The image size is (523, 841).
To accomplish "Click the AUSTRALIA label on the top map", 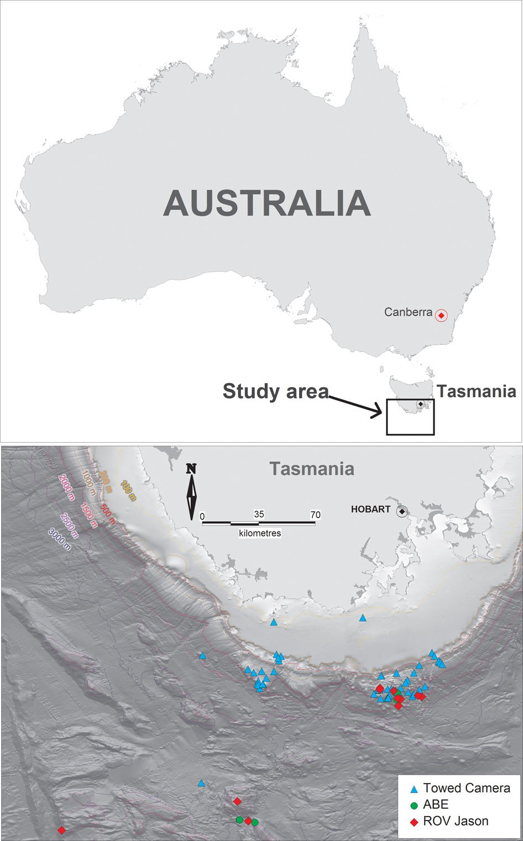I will click(267, 203).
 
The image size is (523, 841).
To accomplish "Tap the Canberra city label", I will click(408, 312).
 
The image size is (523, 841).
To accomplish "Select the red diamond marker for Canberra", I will click(441, 316).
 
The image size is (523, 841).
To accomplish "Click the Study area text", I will click(275, 391).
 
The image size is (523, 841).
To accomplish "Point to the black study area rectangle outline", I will click(410, 434).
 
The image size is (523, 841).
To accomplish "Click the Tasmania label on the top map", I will click(477, 391).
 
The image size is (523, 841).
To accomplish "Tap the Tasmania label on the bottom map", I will click(312, 469).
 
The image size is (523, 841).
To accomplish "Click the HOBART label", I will click(370, 509).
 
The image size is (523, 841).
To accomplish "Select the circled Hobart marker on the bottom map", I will click(402, 512).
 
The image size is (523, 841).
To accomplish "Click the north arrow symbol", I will click(192, 492).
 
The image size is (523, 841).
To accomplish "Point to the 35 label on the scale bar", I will click(259, 514).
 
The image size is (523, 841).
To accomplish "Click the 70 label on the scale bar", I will click(315, 514).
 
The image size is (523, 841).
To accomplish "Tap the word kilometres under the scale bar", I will click(260, 533).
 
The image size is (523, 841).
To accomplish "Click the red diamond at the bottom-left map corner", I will click(61, 830).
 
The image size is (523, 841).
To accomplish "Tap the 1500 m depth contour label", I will click(89, 515).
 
